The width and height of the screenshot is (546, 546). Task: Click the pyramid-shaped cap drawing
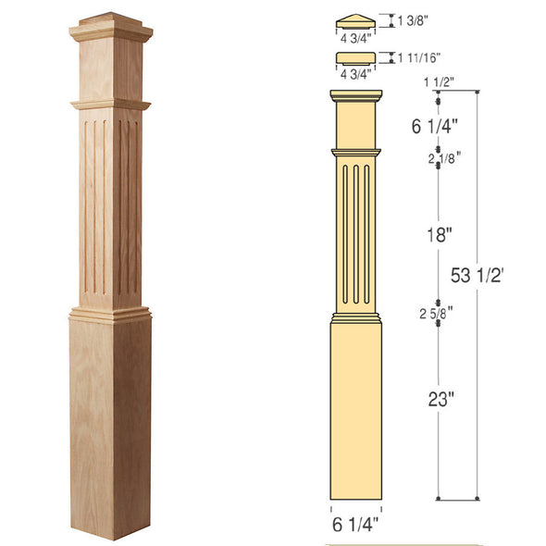click(355, 19)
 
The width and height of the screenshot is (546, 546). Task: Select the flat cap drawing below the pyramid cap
click(355, 58)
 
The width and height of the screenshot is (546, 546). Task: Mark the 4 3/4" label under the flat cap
click(355, 73)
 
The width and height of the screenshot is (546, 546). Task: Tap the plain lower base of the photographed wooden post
click(110, 426)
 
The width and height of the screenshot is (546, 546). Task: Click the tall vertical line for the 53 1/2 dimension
click(477, 370)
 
